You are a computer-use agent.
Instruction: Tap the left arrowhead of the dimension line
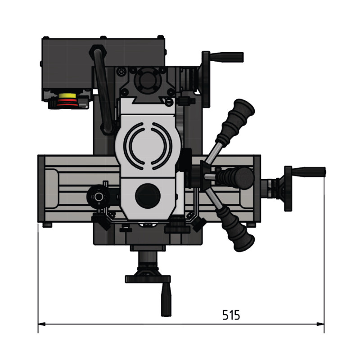41,324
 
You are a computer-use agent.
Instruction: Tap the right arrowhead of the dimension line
320,324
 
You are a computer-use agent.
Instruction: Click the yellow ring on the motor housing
67,96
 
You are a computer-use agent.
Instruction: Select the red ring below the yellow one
67,103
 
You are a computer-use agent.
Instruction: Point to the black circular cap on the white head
148,196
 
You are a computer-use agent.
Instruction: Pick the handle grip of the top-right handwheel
227,57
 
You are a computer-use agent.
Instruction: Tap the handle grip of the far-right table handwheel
309,172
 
